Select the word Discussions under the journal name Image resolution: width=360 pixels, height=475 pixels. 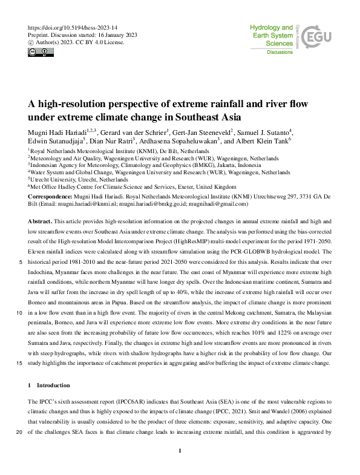(280, 53)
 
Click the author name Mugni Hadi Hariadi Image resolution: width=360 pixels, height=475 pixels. (56, 132)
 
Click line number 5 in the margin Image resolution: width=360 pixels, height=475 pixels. (21, 263)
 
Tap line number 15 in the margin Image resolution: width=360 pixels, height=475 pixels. (20, 363)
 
